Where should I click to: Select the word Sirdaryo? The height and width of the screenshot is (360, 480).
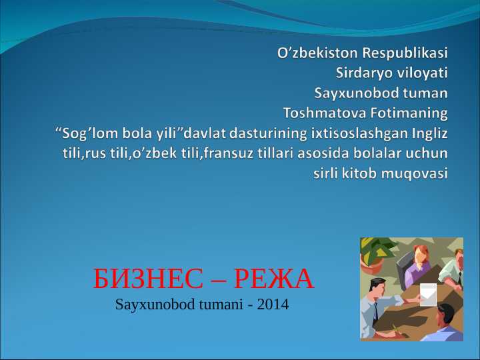361,72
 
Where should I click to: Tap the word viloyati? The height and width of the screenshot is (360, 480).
421,72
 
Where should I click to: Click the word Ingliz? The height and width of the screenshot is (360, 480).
430,132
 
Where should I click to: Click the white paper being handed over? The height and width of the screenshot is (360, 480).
428,294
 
